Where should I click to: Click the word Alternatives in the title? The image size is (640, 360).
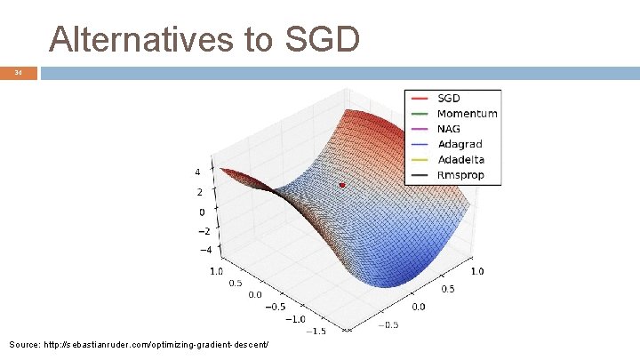[x=140, y=38]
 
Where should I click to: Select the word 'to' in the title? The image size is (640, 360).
[x=257, y=38]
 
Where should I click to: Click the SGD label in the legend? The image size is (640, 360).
[x=449, y=98]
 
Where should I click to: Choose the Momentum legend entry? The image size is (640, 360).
[x=467, y=113]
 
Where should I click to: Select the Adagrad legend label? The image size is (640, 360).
[x=460, y=144]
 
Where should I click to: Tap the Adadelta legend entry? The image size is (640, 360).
[x=460, y=160]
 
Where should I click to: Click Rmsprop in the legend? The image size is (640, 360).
[x=460, y=175]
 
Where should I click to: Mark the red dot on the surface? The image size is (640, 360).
[x=342, y=185]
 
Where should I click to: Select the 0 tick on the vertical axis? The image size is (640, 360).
[x=203, y=212]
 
